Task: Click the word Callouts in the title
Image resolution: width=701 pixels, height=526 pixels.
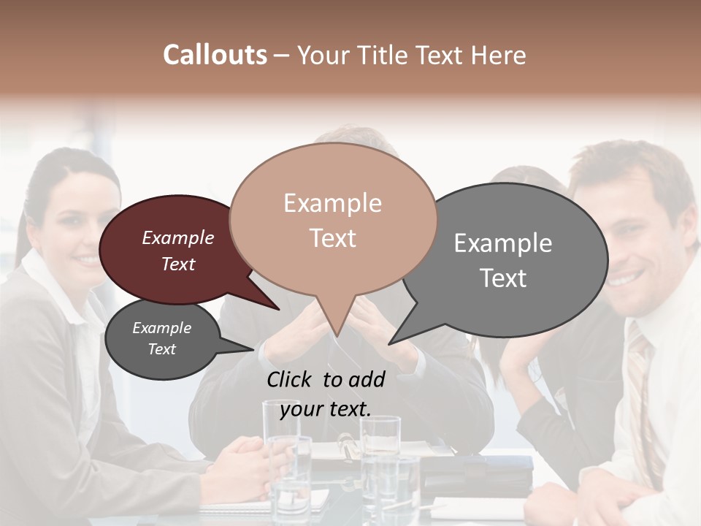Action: (215, 55)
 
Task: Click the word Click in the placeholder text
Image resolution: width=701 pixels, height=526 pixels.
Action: (292, 379)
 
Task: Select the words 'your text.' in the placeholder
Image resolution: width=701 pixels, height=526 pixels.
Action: (325, 408)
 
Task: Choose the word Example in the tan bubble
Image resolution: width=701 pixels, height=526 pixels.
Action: (332, 203)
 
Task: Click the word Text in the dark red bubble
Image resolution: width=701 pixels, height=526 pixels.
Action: (178, 264)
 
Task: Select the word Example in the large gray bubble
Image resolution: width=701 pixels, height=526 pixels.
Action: (502, 243)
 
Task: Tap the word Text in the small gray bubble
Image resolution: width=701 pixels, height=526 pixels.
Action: (161, 349)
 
